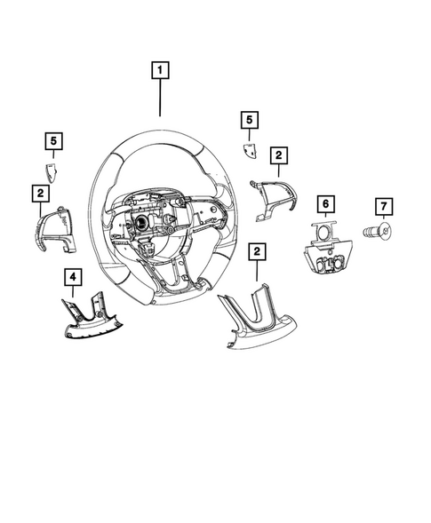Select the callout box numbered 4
coord(72,278)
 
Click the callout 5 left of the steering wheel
coord(54,140)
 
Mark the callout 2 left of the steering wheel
coord(40,192)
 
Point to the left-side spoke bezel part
coord(50,228)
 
